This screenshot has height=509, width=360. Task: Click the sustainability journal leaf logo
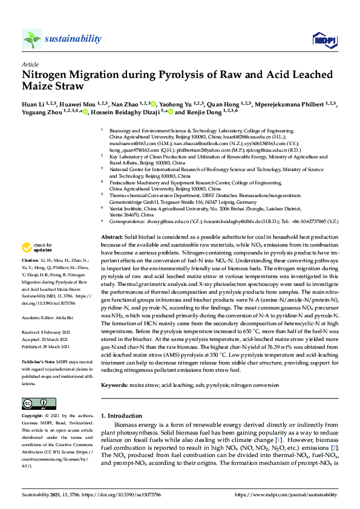point(32,39)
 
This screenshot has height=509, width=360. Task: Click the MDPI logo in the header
point(324,39)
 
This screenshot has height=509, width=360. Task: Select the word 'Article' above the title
point(30,63)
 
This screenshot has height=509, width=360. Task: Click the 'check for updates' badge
point(36,247)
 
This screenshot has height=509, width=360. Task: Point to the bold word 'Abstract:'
point(112,238)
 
